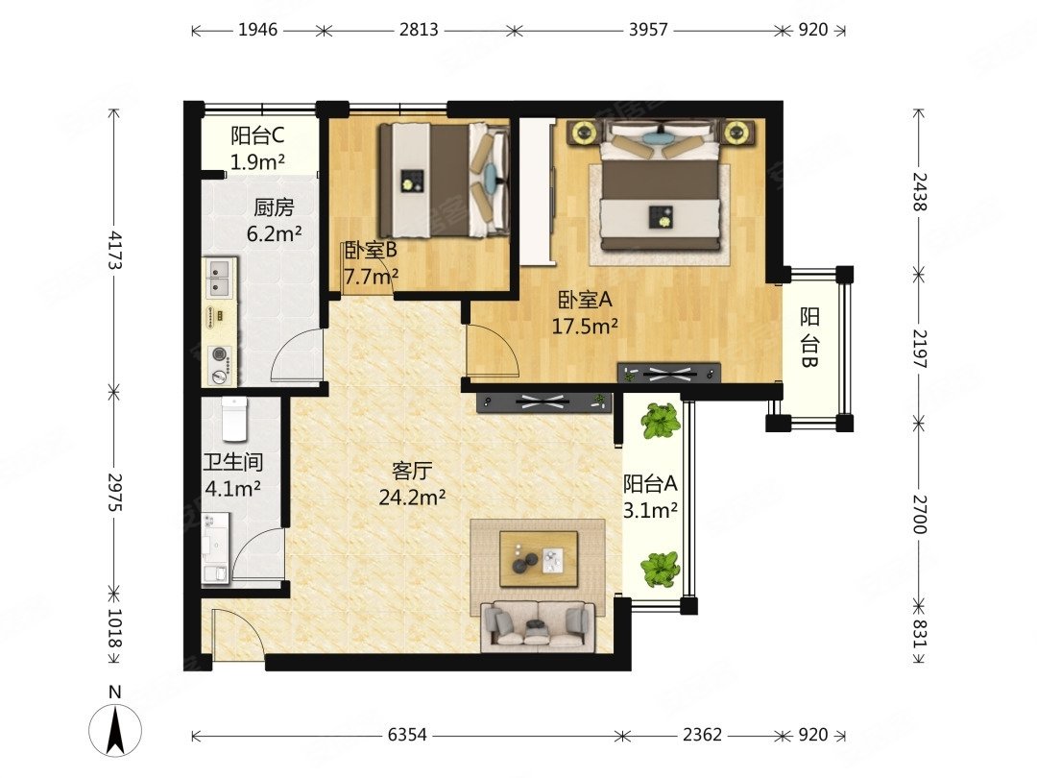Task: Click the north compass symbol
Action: tap(115, 727)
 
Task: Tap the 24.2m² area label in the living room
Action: tap(412, 498)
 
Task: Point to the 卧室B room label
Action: tap(372, 252)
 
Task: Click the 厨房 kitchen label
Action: tap(274, 207)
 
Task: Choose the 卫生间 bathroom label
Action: tap(233, 462)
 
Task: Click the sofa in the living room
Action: tap(537, 623)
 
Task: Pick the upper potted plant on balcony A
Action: tap(661, 421)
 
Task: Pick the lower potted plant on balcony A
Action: tap(661, 569)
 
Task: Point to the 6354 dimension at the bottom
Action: tap(408, 735)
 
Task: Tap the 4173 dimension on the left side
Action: tap(115, 250)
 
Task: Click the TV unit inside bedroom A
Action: tap(668, 372)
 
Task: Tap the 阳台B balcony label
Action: tap(809, 344)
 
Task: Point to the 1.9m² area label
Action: tap(257, 161)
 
